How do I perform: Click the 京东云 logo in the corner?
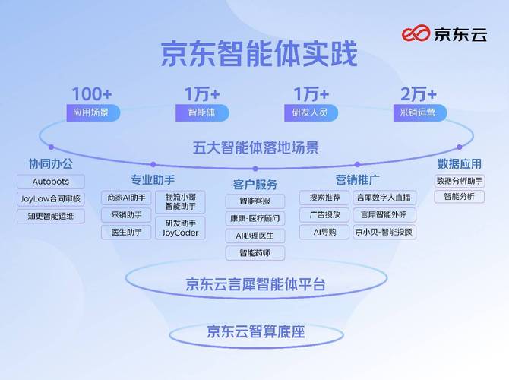pyautogui.click(x=444, y=33)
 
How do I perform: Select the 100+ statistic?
pyautogui.click(x=92, y=94)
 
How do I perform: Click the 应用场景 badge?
pyautogui.click(x=92, y=112)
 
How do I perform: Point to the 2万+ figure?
pyautogui.click(x=419, y=94)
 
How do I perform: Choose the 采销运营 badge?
pyautogui.click(x=419, y=112)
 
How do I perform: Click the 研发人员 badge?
pyautogui.click(x=311, y=112)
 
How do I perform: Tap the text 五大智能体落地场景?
pyautogui.click(x=255, y=147)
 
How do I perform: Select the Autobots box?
pyautogui.click(x=51, y=182)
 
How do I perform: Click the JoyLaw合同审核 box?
pyautogui.click(x=51, y=199)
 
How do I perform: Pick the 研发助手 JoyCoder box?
pyautogui.click(x=181, y=227)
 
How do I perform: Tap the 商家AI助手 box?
pyautogui.click(x=126, y=198)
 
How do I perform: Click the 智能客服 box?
pyautogui.click(x=255, y=201)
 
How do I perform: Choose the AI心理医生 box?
pyautogui.click(x=255, y=236)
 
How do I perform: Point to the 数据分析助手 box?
pyautogui.click(x=460, y=181)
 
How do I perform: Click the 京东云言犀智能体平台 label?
pyautogui.click(x=255, y=285)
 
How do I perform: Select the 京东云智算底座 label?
pyautogui.click(x=255, y=331)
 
